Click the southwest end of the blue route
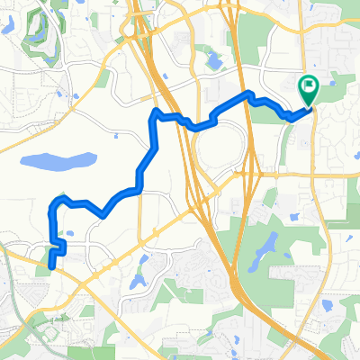point(50,266)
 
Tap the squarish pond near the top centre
point(213,62)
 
